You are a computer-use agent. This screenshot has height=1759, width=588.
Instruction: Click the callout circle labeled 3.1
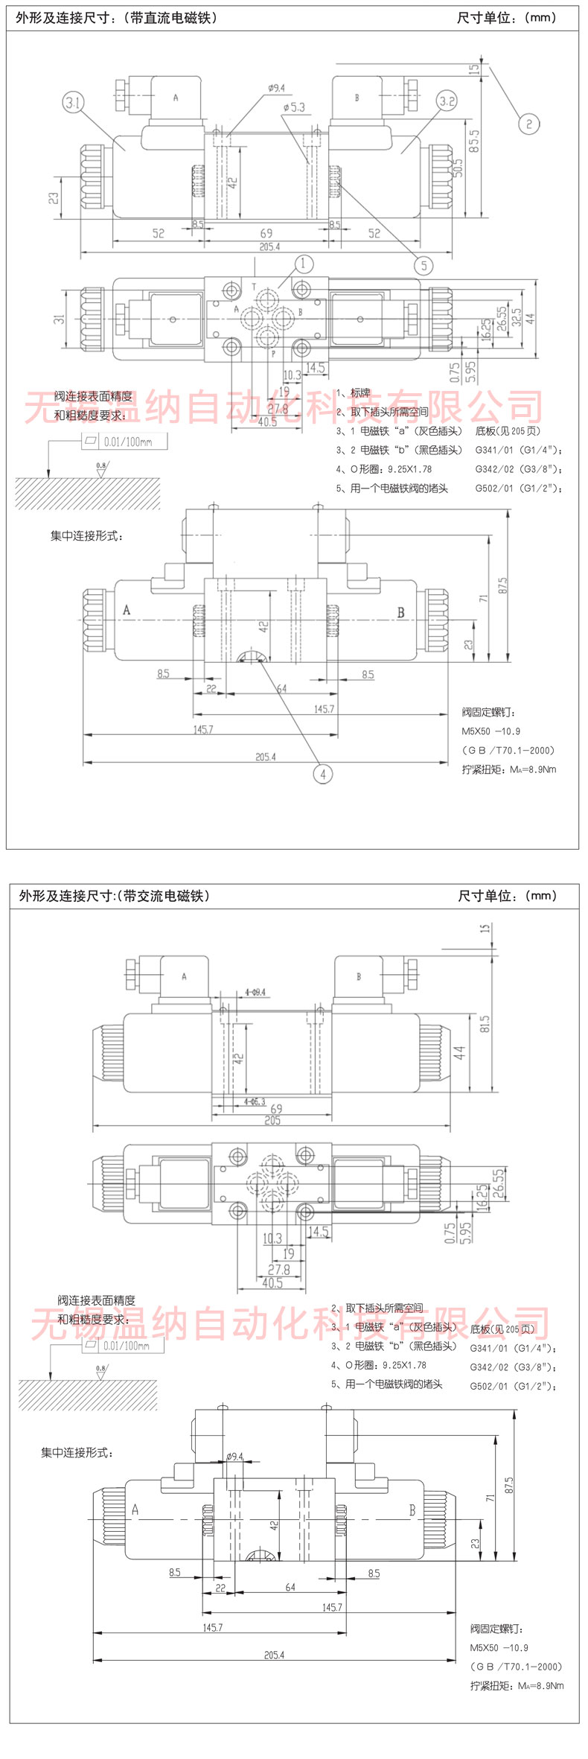(x=73, y=103)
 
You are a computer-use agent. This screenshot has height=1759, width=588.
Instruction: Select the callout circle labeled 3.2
(x=447, y=102)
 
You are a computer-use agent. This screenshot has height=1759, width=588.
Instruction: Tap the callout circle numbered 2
(x=528, y=124)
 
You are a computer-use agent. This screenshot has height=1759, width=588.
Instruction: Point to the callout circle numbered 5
(x=424, y=265)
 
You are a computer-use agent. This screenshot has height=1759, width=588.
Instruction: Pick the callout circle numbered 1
(x=304, y=264)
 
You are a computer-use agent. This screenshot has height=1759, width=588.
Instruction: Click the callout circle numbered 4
(x=322, y=774)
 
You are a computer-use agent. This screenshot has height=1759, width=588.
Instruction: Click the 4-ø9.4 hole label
(x=255, y=992)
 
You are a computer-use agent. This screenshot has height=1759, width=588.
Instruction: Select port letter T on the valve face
(x=254, y=286)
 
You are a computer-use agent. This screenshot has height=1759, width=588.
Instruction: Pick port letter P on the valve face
(x=273, y=353)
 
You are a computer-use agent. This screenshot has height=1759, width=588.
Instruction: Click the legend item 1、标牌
(x=353, y=392)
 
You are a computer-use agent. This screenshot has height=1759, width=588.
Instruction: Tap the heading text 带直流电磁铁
(x=174, y=18)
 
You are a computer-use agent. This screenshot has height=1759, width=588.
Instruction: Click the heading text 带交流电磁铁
(x=166, y=896)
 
